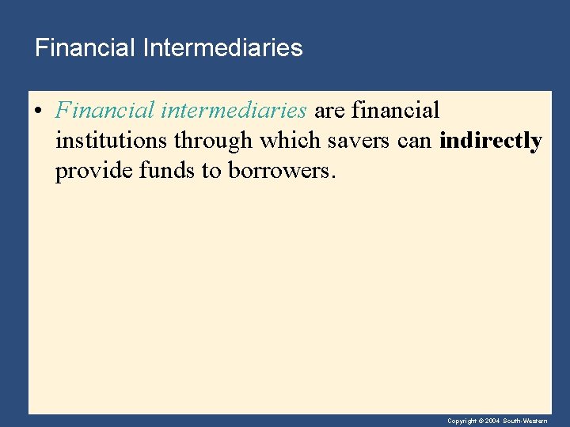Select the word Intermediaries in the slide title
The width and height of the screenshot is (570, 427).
(x=223, y=48)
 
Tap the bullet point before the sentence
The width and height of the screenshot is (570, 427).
(x=40, y=111)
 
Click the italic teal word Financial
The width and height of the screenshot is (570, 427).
(x=104, y=110)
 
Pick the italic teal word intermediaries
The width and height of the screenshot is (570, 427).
(x=234, y=110)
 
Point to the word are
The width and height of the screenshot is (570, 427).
(x=330, y=110)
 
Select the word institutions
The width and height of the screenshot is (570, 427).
(x=112, y=141)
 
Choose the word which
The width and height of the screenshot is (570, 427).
(x=288, y=141)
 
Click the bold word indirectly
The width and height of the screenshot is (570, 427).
(x=491, y=141)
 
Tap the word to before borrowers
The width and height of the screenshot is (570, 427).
(x=211, y=172)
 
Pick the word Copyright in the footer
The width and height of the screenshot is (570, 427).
(x=462, y=421)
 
